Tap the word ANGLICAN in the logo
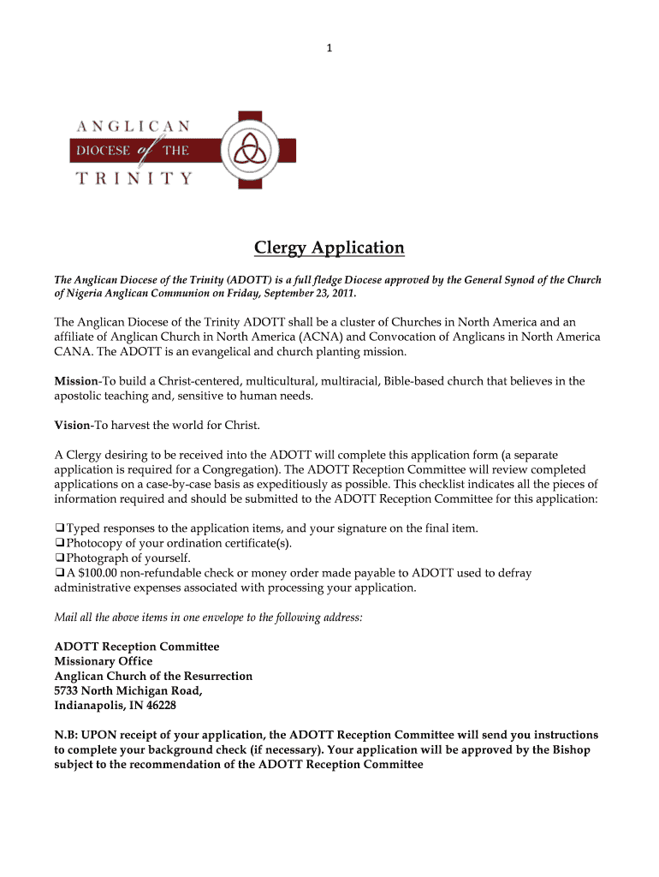134,125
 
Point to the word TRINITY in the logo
134,178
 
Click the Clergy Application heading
329,248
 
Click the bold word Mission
75,380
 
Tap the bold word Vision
72,425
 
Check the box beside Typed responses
59,528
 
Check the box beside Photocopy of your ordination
59,543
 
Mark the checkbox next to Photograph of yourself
59,558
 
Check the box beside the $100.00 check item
59,573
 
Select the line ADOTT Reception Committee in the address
136,647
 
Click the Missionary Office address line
103,661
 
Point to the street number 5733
68,691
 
